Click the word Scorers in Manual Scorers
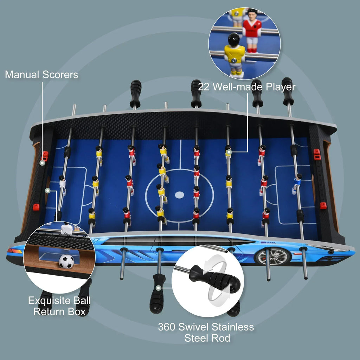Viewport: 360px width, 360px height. coord(60,75)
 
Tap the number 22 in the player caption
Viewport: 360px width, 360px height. coord(204,87)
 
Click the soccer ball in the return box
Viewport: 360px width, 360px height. coord(66,262)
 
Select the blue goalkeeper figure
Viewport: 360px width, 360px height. coord(297,184)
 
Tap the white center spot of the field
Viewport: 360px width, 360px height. coord(179,195)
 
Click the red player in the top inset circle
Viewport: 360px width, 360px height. coord(252,30)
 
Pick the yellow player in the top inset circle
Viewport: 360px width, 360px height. coord(234,55)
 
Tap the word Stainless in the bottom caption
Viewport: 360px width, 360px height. coord(233,327)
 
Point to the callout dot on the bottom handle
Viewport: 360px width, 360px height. coord(158,288)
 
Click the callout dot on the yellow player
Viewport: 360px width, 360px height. coord(229,152)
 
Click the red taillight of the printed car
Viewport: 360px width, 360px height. coord(14,251)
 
